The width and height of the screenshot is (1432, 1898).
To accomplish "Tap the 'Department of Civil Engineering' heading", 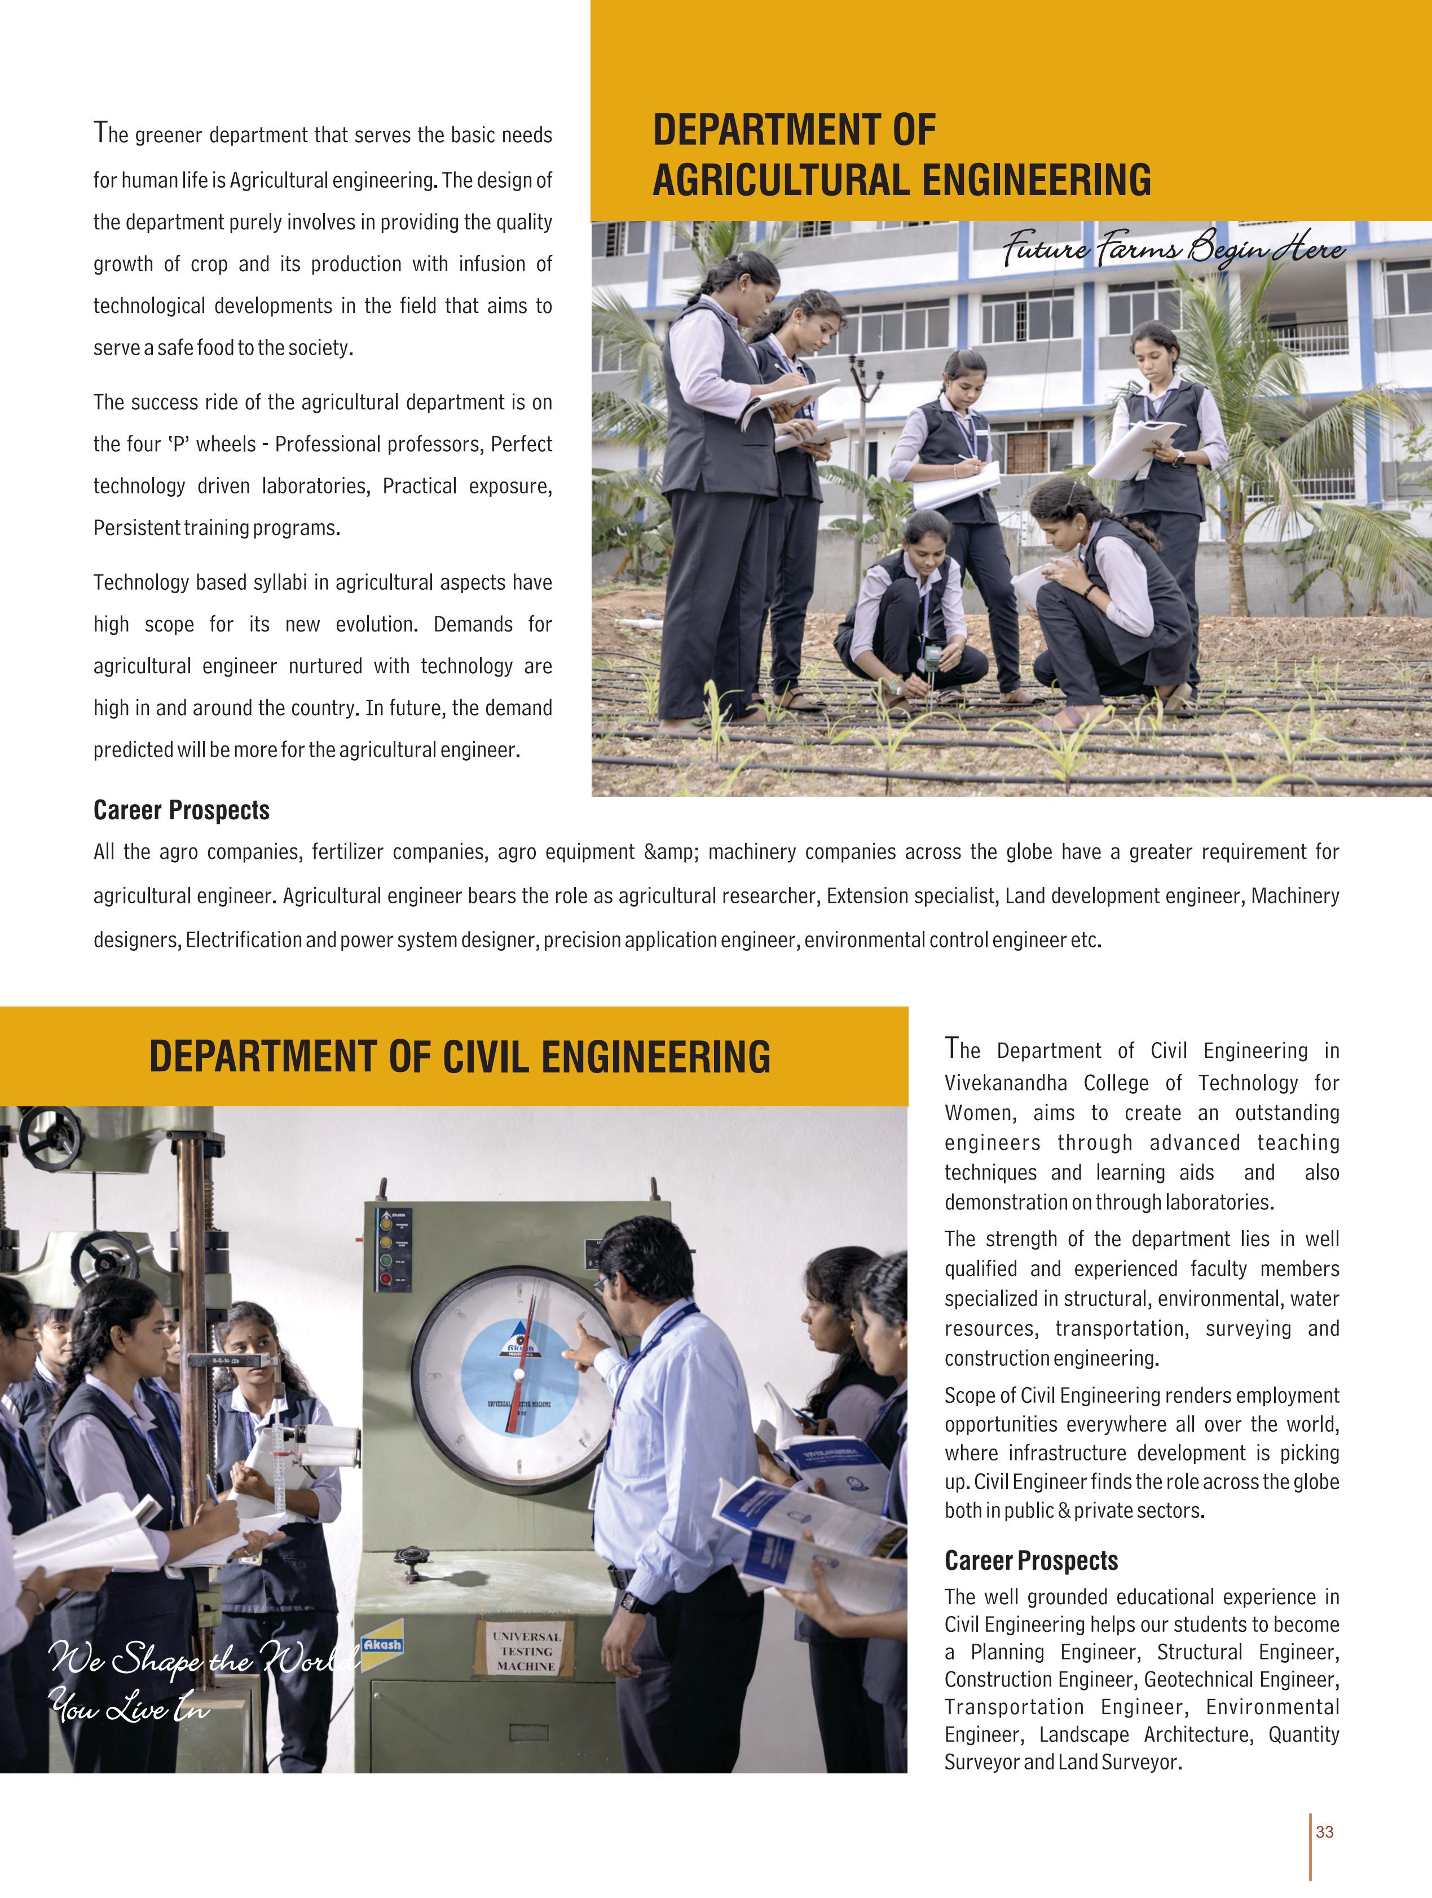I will [x=460, y=1056].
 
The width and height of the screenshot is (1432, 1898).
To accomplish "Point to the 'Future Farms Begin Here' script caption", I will [x=1174, y=249].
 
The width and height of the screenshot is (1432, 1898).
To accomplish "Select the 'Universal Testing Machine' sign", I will [x=526, y=1652].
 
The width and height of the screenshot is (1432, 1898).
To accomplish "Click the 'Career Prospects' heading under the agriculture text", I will [x=181, y=810].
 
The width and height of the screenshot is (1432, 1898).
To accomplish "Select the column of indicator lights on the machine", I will [x=385, y=1248].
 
